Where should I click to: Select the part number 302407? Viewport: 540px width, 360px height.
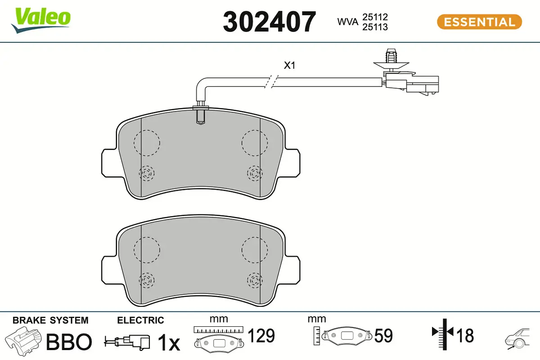coord(270,22)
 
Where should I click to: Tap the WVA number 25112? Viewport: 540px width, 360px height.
coord(375,17)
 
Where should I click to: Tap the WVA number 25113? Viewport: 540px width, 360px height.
coord(375,27)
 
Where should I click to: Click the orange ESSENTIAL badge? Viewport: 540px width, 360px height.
coord(479,22)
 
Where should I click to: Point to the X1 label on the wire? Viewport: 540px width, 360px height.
coord(289,66)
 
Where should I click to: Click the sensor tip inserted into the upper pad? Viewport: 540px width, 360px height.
coord(201,116)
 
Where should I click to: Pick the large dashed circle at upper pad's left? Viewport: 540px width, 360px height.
coord(147,143)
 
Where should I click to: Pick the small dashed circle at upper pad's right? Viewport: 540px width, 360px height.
coord(254,173)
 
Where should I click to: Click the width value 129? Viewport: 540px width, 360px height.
coord(261,336)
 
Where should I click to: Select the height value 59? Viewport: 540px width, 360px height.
coord(383,336)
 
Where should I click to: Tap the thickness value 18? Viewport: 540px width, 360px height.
coord(465,336)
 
